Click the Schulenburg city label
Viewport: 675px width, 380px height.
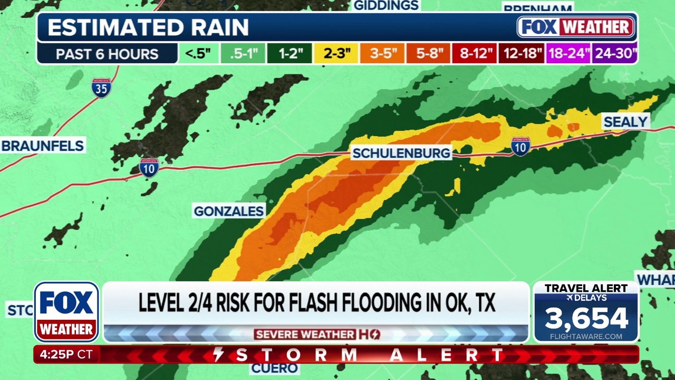point(401,153)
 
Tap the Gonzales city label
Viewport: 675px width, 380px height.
point(228,211)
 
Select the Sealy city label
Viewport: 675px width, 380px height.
point(625,122)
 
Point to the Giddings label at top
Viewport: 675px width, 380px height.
point(386,5)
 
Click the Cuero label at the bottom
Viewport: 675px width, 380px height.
point(274,368)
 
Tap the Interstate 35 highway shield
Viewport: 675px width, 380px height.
point(101,88)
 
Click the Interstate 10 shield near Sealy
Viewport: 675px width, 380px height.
point(520,146)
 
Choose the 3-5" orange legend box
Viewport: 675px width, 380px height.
point(382,54)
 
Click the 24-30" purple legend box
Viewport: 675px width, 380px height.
point(614,54)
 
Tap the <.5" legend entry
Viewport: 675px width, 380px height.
point(198,54)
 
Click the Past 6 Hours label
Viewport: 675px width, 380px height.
point(107,54)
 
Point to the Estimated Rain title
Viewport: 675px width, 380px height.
point(148,27)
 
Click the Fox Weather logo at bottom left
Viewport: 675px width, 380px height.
point(66,312)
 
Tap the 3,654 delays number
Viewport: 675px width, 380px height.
point(586,318)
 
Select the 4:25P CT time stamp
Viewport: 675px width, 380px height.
point(66,355)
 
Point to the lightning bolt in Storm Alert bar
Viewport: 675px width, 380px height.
point(218,355)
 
